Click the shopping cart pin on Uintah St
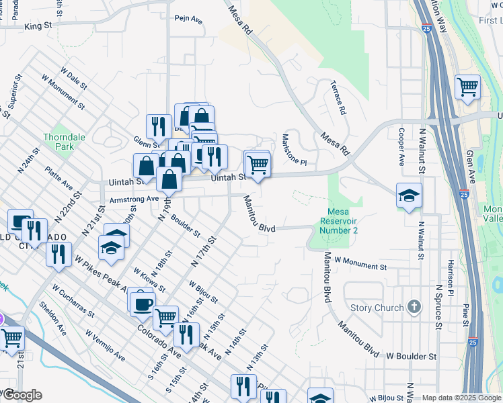point(258,163)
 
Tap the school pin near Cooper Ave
point(409,195)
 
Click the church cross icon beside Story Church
point(415,308)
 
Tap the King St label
point(38,26)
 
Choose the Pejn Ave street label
point(188,20)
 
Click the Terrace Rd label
point(338,97)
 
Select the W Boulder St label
point(412,355)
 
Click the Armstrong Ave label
point(133,199)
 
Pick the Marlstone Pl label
point(294,148)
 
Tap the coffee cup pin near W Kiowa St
point(142,303)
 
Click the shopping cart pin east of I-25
point(467,87)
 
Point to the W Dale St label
point(73,79)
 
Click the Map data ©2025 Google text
point(461,398)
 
